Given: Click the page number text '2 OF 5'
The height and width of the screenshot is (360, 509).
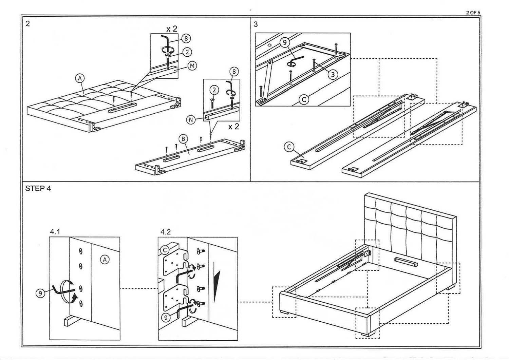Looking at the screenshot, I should click(473, 13).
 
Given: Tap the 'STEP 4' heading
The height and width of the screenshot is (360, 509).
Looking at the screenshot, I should click(38, 189).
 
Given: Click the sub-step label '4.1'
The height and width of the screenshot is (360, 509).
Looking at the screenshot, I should click(55, 232).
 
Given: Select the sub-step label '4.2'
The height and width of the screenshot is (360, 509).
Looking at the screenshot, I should click(165, 232).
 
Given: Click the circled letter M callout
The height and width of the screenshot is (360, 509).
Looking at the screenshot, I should click(192, 66).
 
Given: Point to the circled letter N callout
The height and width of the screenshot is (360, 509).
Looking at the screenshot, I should click(191, 119).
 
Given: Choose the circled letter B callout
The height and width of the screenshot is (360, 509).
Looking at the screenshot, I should click(183, 139).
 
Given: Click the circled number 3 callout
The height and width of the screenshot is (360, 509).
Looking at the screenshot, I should click(333, 74).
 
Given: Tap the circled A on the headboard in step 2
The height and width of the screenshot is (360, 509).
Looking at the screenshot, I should click(80, 78).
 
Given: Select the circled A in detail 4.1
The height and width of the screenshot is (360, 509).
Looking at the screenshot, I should click(105, 260).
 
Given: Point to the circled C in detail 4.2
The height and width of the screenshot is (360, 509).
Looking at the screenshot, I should click(165, 250).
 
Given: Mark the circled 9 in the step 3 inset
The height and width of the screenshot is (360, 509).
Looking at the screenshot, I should click(285, 42).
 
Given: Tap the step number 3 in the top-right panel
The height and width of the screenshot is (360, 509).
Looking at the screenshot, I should click(256, 24).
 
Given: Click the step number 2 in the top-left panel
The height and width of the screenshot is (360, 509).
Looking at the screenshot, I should click(27, 24).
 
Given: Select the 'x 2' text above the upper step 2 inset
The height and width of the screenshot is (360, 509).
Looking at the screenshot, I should click(171, 29).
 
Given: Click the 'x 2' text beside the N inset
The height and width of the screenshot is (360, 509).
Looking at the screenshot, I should click(233, 127).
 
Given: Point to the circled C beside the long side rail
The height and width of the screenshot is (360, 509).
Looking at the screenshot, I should click(289, 147).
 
